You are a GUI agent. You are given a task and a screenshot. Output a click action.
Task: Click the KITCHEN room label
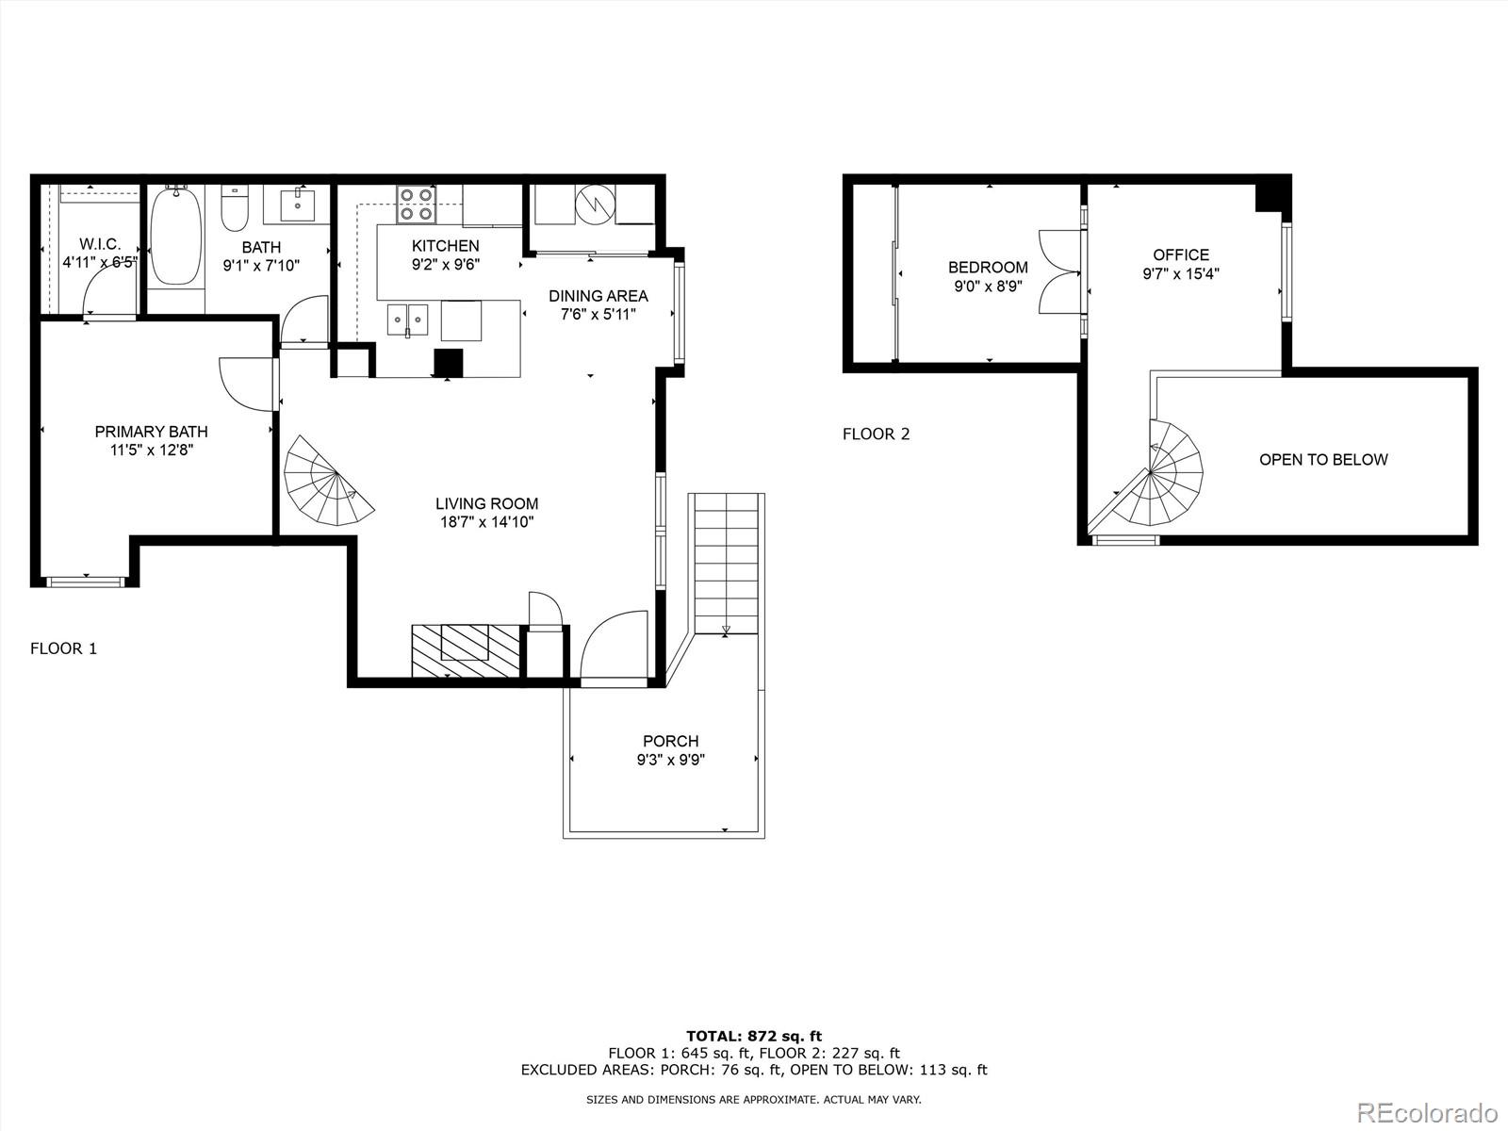point(445,246)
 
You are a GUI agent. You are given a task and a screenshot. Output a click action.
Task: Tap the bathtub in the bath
point(176,236)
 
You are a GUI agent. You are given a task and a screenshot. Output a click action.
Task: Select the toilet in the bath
point(234,207)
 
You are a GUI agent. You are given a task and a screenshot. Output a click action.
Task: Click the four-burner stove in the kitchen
point(416,205)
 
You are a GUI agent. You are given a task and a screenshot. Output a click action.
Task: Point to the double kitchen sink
point(407,320)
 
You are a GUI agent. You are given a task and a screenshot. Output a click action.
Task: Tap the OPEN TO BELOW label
point(1323,460)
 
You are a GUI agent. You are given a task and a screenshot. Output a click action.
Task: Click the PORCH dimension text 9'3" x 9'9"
point(670,760)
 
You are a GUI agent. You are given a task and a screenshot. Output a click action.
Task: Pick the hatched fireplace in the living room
point(466,649)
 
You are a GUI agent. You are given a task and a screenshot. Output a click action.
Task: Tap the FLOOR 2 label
point(876,434)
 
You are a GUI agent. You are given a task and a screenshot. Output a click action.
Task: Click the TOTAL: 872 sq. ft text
point(754,1037)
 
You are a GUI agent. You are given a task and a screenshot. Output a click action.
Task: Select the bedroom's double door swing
point(1059,272)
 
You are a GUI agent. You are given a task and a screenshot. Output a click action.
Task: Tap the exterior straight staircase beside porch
point(726,565)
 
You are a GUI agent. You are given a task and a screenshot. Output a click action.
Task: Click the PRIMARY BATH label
point(151,432)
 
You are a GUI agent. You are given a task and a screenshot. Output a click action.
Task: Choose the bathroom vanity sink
point(297,204)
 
